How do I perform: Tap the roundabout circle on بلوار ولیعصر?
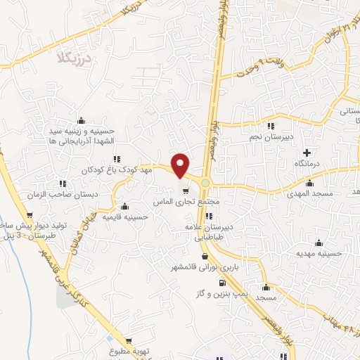point(205,183)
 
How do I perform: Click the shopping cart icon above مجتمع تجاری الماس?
point(186,191)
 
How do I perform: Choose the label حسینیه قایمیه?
point(124,217)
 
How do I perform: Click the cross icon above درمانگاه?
point(306,153)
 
